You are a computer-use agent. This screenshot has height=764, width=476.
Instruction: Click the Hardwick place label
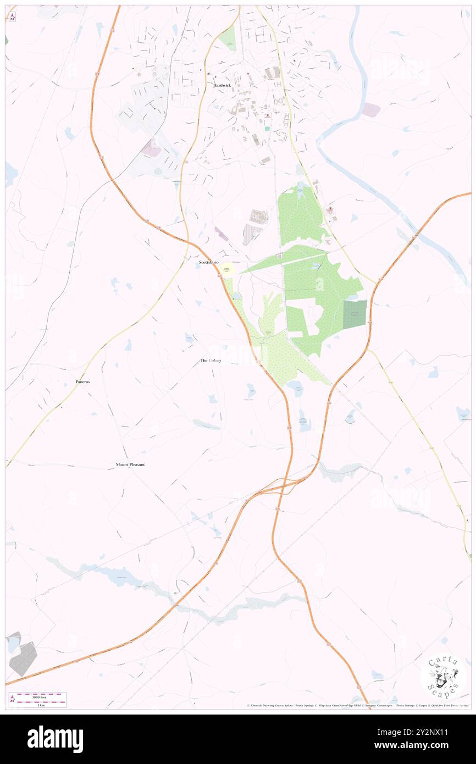click(222, 85)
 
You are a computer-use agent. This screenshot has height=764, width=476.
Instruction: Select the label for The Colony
click(211, 361)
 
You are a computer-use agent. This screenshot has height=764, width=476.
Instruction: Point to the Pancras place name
click(83, 381)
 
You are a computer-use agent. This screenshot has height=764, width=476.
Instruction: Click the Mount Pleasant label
click(130, 464)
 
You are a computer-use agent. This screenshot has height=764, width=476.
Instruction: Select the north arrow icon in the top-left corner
click(12, 17)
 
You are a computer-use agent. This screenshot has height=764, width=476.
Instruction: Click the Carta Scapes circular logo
click(443, 677)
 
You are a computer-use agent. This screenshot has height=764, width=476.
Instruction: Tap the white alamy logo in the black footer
click(55, 739)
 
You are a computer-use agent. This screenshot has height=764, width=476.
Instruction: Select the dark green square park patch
click(355, 315)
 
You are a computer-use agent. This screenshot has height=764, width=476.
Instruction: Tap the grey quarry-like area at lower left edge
click(23, 658)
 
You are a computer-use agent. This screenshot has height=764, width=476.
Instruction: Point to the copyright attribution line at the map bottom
click(357, 706)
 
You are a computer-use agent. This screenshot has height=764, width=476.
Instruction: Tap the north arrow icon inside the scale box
click(13, 700)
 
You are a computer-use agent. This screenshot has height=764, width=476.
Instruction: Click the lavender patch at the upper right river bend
click(371, 110)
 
